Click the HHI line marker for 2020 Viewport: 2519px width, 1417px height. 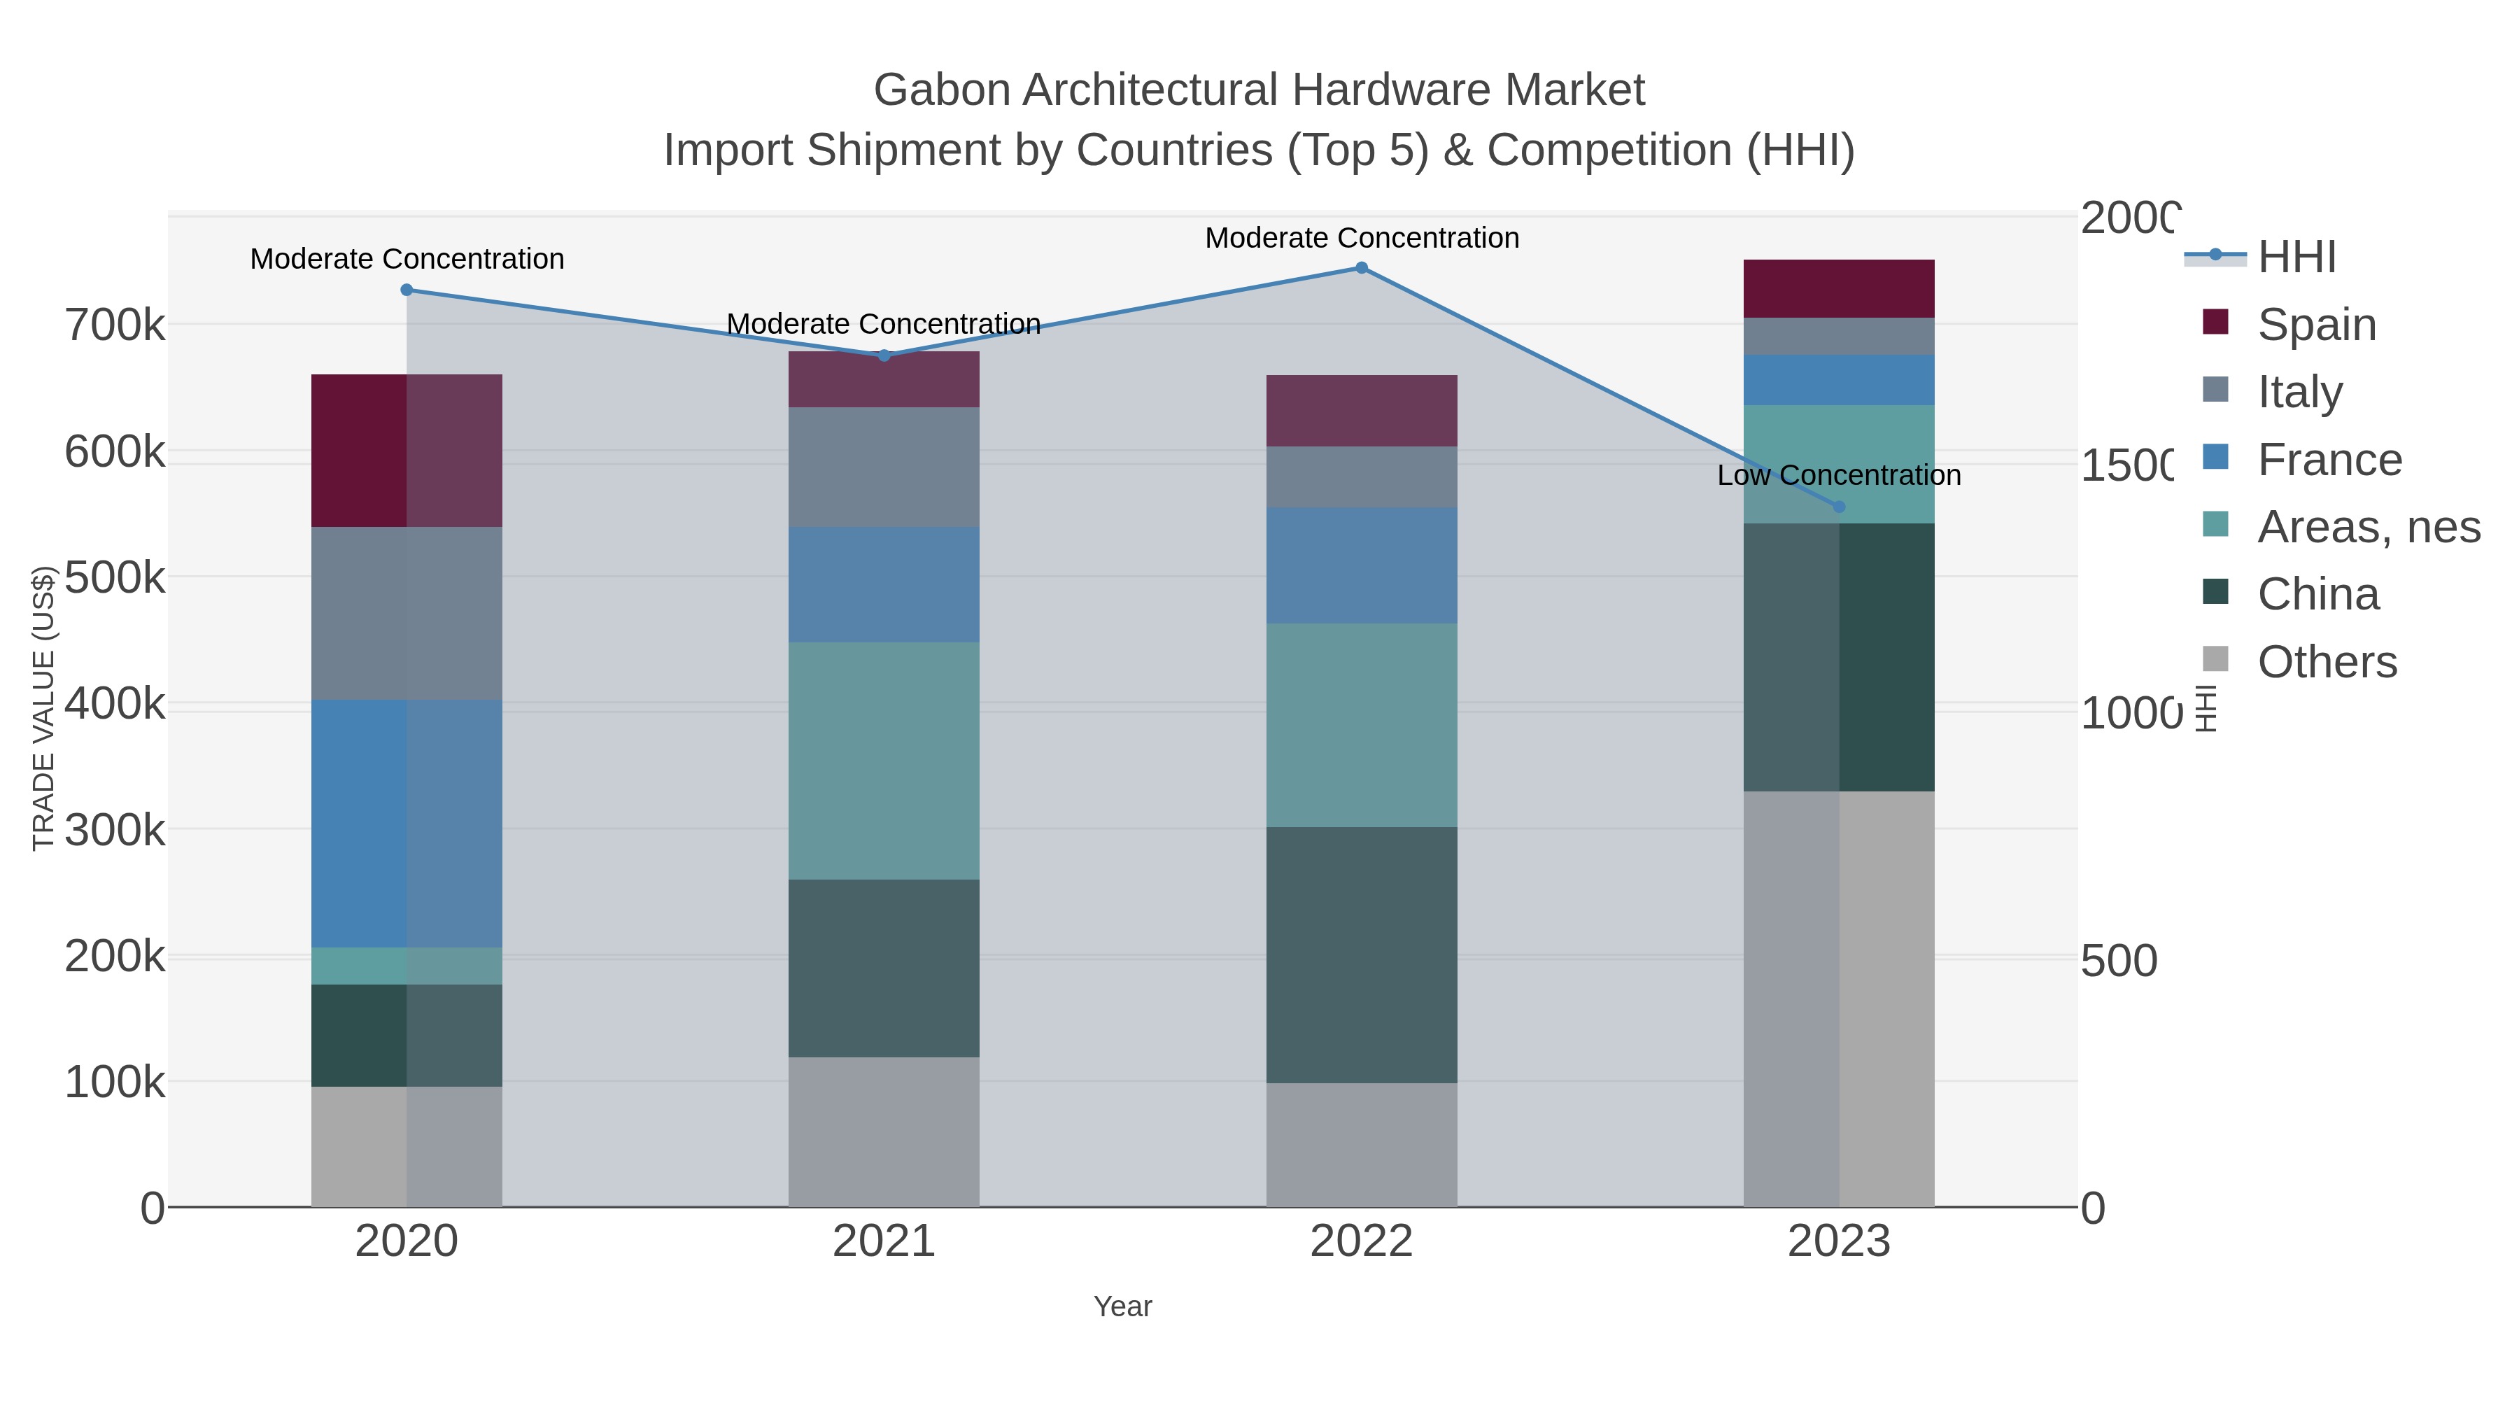(x=407, y=290)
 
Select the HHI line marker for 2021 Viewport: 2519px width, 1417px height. (x=884, y=355)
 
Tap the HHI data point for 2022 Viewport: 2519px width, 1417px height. (x=1361, y=268)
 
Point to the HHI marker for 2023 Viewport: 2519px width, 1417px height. (x=1838, y=507)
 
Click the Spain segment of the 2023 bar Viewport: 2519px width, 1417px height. (x=1838, y=288)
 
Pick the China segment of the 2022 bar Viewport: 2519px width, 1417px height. (x=1361, y=954)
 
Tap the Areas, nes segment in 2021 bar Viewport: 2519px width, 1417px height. (x=884, y=760)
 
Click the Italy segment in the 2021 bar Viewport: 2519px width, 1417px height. (x=884, y=467)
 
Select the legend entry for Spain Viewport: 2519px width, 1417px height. (x=2315, y=325)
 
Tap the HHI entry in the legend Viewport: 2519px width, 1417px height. (x=2295, y=258)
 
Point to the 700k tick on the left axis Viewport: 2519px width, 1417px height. (x=115, y=325)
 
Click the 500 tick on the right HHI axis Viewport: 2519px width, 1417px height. (x=2118, y=961)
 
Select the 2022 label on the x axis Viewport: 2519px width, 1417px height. (x=1361, y=1242)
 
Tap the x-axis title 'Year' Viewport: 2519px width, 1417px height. (x=1122, y=1306)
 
